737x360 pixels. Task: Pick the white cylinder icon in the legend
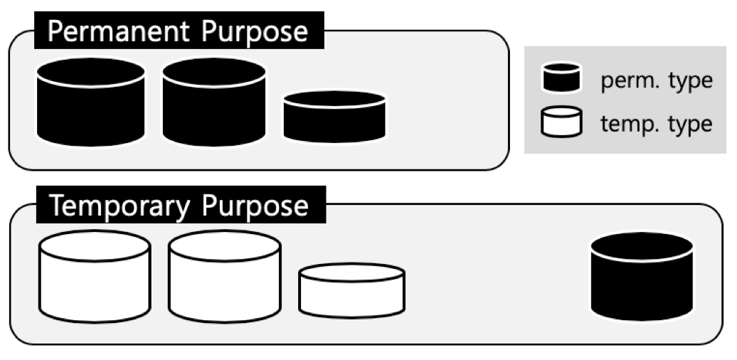tap(562, 122)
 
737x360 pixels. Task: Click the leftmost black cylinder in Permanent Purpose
tap(90, 107)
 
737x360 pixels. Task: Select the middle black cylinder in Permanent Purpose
tap(214, 107)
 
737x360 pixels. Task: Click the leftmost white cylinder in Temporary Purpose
tap(95, 281)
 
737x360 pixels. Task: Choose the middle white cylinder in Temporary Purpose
tap(224, 281)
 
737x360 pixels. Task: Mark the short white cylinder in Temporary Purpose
tap(351, 293)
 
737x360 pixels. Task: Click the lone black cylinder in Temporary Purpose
tap(642, 277)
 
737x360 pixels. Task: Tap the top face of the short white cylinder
tap(351, 272)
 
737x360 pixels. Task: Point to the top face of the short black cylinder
tap(334, 99)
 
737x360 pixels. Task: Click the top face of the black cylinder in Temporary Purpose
tap(642, 245)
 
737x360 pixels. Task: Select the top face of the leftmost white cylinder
tap(95, 245)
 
